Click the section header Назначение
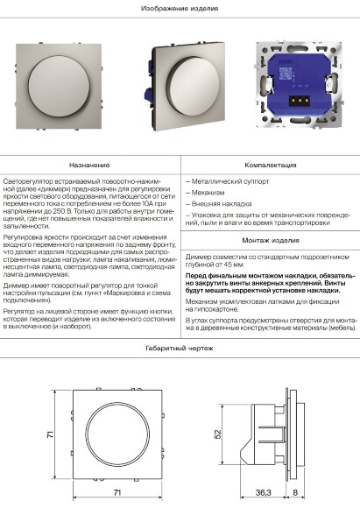tap(90, 164)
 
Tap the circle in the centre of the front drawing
tap(116, 432)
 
